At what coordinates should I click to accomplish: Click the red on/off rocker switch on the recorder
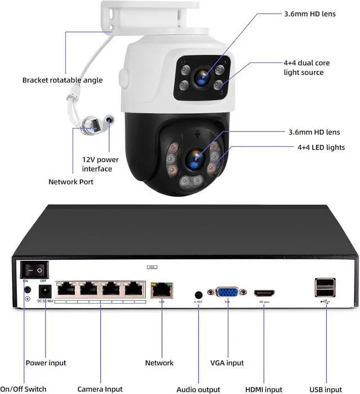[x=33, y=270]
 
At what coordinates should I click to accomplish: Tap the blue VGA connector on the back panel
[x=227, y=292]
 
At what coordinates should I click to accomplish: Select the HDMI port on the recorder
[x=264, y=293]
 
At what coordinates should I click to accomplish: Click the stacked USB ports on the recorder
[x=325, y=287]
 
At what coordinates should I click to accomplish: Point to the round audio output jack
[x=198, y=294]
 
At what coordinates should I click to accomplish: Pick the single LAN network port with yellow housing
[x=161, y=291]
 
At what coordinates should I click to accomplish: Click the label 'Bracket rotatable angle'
[x=62, y=80]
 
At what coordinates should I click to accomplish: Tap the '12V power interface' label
[x=100, y=164]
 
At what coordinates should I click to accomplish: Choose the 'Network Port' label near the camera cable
[x=71, y=182]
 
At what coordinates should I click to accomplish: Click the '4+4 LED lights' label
[x=321, y=148]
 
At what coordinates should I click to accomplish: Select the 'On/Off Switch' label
[x=23, y=389]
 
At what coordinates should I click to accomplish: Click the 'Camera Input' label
[x=100, y=389]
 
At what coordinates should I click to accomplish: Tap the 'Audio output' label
[x=198, y=389]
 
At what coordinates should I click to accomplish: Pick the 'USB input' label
[x=325, y=389]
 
